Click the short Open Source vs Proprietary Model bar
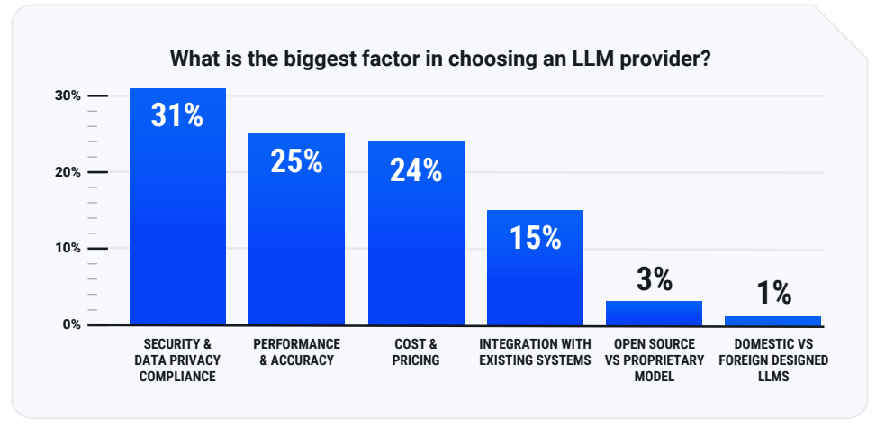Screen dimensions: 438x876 (x=654, y=313)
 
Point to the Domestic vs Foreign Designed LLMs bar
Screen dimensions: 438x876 (x=772, y=320)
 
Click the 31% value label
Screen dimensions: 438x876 (x=177, y=115)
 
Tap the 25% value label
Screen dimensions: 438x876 (x=296, y=160)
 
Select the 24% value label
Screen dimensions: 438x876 (x=416, y=169)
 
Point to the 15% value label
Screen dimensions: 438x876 (x=535, y=237)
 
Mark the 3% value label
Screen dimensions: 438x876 (x=655, y=279)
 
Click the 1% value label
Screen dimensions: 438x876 (x=773, y=293)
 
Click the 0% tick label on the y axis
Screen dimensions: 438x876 (x=72, y=324)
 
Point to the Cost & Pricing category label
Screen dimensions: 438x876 (x=416, y=352)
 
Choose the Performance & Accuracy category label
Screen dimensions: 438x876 (x=296, y=352)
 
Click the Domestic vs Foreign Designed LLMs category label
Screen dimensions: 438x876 (x=773, y=360)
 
